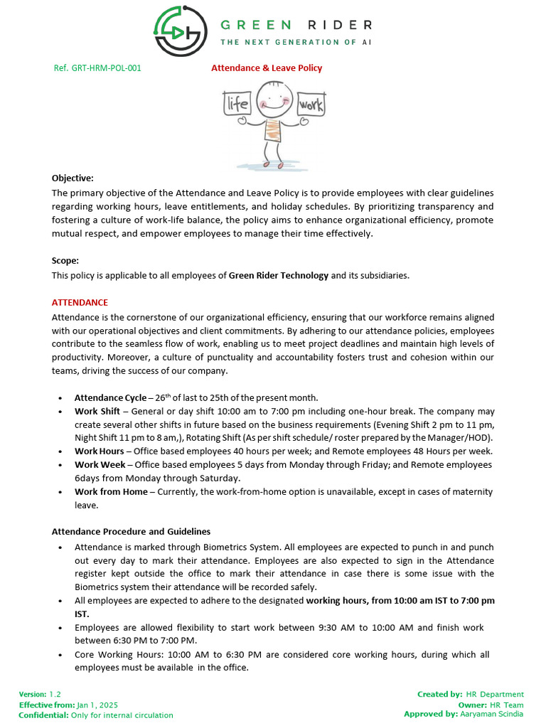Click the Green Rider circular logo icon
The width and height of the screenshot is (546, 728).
pyautogui.click(x=179, y=31)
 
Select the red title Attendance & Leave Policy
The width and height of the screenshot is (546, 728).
pyautogui.click(x=267, y=68)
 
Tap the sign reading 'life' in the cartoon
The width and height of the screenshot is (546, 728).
pyautogui.click(x=237, y=105)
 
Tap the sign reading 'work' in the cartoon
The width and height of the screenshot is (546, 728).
pyautogui.click(x=311, y=105)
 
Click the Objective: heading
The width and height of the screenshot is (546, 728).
pyautogui.click(x=73, y=178)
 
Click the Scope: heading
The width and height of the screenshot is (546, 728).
pyautogui.click(x=65, y=261)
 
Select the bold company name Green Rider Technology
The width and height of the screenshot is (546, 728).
pyautogui.click(x=279, y=275)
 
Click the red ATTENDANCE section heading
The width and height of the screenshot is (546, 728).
pyautogui.click(x=80, y=302)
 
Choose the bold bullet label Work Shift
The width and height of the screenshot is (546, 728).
pyautogui.click(x=97, y=411)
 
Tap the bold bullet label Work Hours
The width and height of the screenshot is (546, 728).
pyautogui.click(x=100, y=451)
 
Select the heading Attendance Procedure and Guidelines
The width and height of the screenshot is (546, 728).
pyautogui.click(x=131, y=532)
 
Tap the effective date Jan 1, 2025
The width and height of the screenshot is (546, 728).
pyautogui.click(x=97, y=705)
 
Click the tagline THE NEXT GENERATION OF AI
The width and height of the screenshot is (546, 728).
pyautogui.click(x=296, y=42)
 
